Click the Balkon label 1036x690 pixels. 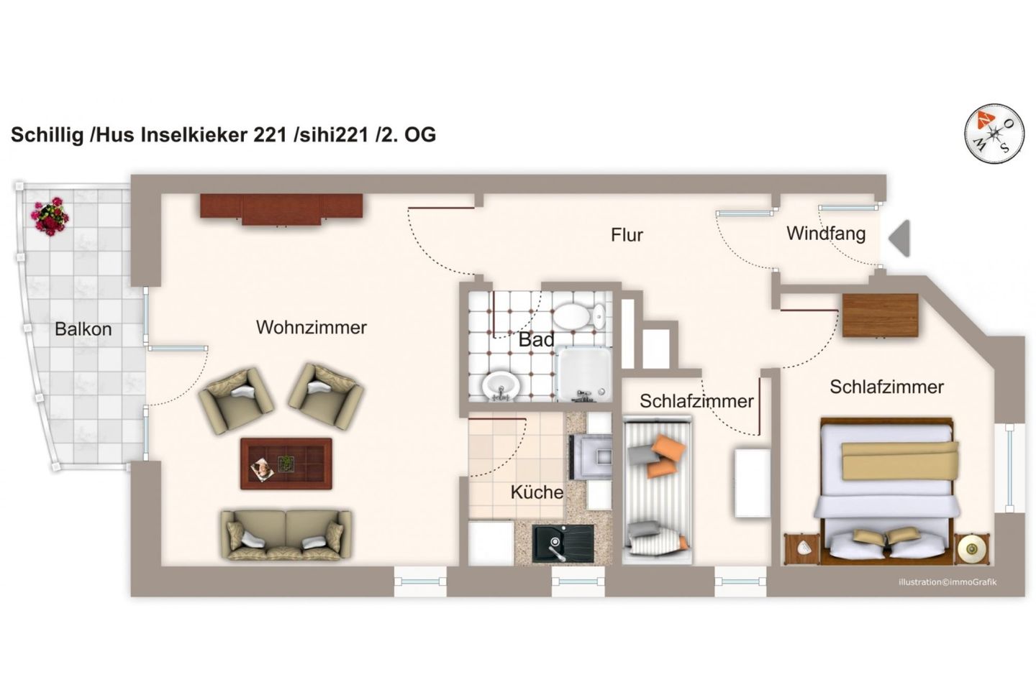(83, 329)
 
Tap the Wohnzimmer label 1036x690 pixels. (312, 328)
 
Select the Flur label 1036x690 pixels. (627, 235)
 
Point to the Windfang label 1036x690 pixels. (826, 234)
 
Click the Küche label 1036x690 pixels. (537, 492)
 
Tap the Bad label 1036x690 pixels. (537, 340)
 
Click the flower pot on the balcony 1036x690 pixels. (50, 218)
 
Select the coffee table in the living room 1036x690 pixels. (286, 464)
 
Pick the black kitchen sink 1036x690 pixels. (563, 543)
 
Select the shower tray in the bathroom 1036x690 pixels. (584, 374)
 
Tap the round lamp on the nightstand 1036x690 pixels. (973, 550)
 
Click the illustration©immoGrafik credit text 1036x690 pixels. (948, 582)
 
